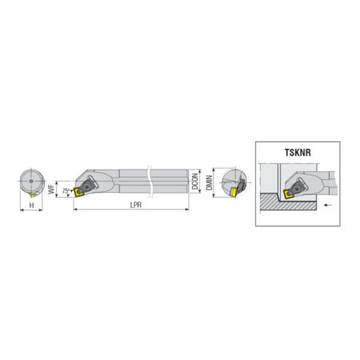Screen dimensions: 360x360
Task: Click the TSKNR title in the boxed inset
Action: (x=298, y=153)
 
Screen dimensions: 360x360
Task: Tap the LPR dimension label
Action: (x=136, y=205)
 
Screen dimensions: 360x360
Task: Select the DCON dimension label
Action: (x=195, y=182)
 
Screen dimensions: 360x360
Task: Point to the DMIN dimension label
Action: (x=210, y=182)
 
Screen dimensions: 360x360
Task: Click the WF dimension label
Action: (x=51, y=189)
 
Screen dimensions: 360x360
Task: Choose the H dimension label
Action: (x=31, y=205)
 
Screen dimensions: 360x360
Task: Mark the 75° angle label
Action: (x=66, y=191)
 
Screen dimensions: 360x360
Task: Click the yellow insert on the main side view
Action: (x=78, y=192)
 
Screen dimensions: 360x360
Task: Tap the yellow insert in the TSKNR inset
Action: (x=289, y=194)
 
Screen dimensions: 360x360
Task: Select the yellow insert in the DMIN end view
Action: (x=234, y=192)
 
